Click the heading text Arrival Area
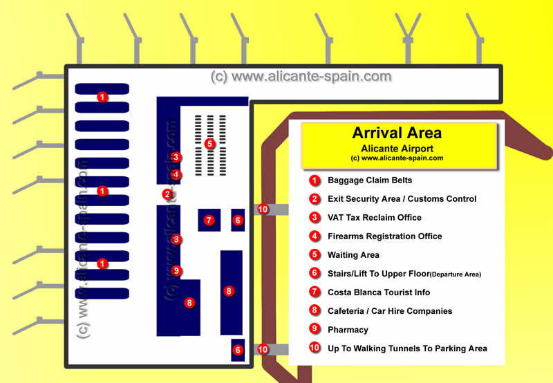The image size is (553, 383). click(397, 133)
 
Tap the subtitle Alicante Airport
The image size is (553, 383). click(397, 149)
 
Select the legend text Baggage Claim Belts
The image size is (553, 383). click(370, 180)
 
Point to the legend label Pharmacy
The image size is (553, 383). click(348, 330)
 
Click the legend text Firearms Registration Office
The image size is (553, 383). click(385, 236)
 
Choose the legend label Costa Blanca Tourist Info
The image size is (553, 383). click(379, 292)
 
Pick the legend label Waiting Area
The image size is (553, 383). click(353, 255)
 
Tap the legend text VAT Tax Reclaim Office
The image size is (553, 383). click(375, 218)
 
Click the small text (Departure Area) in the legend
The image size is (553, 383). click(456, 274)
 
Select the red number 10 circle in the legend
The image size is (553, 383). click(315, 348)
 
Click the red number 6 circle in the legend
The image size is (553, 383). click(315, 273)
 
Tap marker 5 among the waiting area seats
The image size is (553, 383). click(210, 144)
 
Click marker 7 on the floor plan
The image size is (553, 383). click(209, 221)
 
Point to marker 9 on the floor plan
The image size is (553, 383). click(176, 270)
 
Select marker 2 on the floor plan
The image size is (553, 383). click(167, 194)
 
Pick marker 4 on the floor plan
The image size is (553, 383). click(176, 174)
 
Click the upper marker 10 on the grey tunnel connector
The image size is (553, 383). click(263, 209)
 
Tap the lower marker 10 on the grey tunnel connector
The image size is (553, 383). click(263, 349)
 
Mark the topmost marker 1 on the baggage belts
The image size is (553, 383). click(102, 97)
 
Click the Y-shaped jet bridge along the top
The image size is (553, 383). click(408, 38)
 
